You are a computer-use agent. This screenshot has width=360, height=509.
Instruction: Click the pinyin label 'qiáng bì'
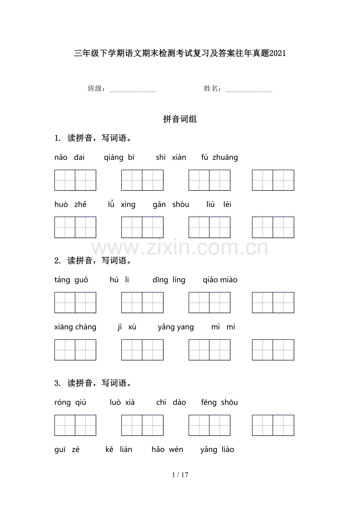(119, 158)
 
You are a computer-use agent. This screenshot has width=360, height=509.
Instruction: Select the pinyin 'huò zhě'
(70, 204)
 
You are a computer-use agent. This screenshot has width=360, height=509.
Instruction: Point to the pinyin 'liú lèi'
(219, 204)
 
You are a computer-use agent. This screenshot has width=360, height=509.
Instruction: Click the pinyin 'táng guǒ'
(71, 280)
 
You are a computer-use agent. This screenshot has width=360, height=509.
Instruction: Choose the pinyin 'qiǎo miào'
(220, 280)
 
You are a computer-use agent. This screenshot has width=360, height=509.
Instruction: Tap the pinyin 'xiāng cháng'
(75, 327)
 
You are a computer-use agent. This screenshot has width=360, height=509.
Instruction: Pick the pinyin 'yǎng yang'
(176, 327)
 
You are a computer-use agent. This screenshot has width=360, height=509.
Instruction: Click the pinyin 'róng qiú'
(70, 403)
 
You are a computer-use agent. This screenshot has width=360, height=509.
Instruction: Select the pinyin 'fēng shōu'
(219, 403)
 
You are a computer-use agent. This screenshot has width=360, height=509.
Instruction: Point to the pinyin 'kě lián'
(119, 450)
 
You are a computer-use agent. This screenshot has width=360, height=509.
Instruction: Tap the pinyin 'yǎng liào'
(217, 450)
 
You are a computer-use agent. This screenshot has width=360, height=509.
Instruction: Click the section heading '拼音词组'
(180, 120)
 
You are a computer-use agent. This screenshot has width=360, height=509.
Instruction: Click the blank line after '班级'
(133, 90)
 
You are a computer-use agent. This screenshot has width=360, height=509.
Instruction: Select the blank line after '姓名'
(249, 90)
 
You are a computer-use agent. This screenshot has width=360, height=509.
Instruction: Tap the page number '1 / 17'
(180, 475)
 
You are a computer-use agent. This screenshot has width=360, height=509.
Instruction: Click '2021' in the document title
(278, 54)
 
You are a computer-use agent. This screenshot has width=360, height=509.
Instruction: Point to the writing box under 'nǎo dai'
(75, 180)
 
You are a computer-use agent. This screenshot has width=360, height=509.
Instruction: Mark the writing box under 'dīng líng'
(209, 303)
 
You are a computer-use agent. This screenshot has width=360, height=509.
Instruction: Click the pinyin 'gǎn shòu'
(171, 204)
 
